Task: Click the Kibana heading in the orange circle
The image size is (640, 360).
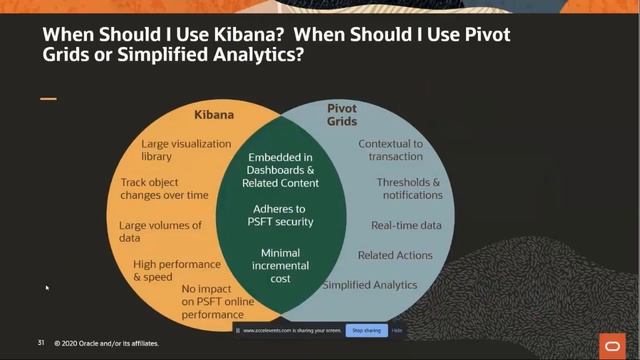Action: [213, 115]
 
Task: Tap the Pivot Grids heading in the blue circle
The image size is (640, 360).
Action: [342, 114]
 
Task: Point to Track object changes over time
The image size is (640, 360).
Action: [165, 189]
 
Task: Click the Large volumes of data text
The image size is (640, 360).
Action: [160, 232]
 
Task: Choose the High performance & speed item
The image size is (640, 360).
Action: [177, 270]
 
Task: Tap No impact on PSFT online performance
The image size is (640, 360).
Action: [212, 301]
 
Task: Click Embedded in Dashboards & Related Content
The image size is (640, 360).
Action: [281, 170]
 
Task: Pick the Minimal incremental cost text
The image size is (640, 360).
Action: [280, 266]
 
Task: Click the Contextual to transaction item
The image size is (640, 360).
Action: [390, 150]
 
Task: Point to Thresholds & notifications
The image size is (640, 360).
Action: [408, 189]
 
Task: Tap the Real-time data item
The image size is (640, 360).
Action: [406, 226]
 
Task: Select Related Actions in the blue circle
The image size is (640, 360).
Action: [395, 255]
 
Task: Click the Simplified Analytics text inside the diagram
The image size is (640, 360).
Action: [370, 285]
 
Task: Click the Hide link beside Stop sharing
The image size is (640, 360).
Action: [397, 330]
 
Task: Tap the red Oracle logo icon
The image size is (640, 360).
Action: [611, 343]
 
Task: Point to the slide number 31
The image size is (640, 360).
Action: [41, 343]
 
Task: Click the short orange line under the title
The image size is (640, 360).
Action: [49, 99]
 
